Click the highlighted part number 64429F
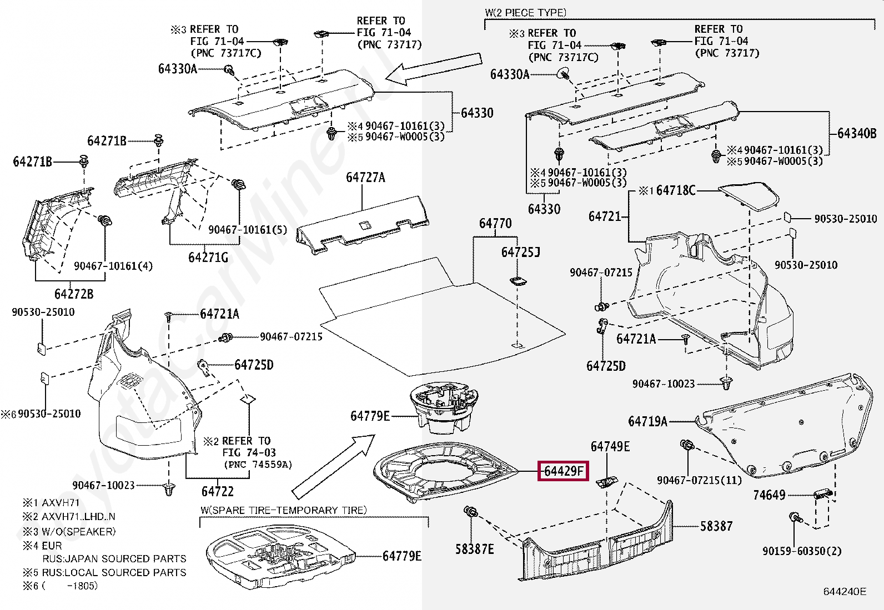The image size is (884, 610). (563, 471)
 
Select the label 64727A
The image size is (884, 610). (365, 178)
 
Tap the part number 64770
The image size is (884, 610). (495, 224)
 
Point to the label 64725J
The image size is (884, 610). (520, 253)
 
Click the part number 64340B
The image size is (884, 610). (857, 133)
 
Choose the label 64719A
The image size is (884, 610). (647, 421)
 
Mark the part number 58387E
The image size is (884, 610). (474, 549)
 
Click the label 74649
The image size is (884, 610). (769, 495)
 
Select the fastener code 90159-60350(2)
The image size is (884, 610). (801, 551)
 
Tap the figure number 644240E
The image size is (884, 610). (844, 592)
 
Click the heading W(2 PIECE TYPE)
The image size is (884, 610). (525, 12)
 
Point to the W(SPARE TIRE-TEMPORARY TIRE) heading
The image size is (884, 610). (283, 510)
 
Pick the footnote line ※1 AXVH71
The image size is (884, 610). (52, 503)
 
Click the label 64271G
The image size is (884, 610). (208, 258)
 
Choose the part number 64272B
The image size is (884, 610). (73, 294)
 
